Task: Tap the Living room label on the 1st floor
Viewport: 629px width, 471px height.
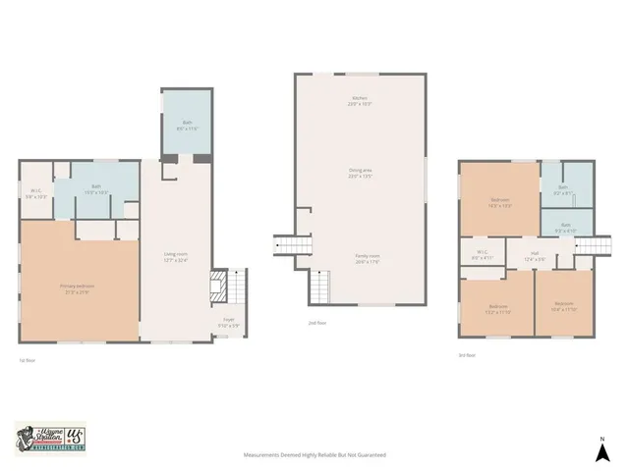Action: [176, 256]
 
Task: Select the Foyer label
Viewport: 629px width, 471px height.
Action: [227, 322]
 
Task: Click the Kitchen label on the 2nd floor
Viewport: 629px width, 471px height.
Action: [360, 100]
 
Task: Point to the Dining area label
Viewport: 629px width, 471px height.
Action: [360, 174]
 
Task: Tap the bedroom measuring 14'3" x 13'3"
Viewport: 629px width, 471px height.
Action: [500, 202]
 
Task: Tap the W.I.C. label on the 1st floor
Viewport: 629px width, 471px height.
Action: [36, 193]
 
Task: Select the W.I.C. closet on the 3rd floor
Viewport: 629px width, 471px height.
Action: [483, 254]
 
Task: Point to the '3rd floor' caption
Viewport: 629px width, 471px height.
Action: [466, 354]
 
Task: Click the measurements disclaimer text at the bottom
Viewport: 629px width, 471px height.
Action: [314, 455]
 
